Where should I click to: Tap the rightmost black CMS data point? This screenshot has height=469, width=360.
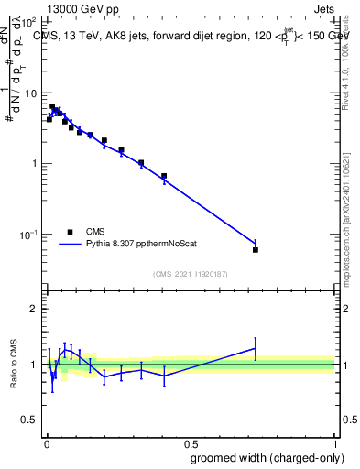click(x=256, y=250)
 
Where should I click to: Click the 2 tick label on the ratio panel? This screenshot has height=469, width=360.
click(x=33, y=309)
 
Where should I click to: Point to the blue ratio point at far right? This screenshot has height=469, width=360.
click(x=256, y=348)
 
